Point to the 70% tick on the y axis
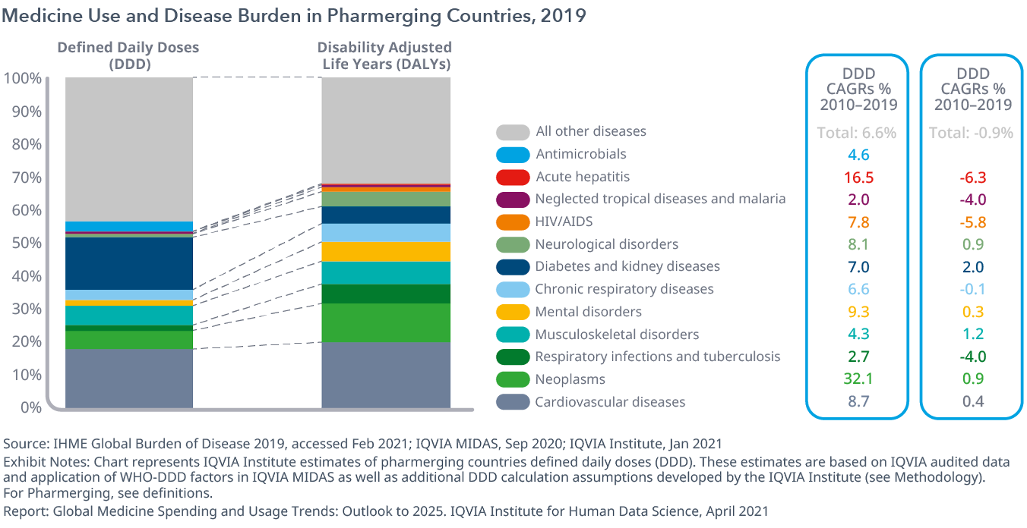click(x=26, y=178)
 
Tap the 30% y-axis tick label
click(x=26, y=309)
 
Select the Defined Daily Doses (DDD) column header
click(x=128, y=55)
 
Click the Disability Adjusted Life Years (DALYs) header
click(x=386, y=55)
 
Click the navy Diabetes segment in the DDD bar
click(x=128, y=263)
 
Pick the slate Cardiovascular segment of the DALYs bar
click(x=386, y=375)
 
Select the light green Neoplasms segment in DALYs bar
click(x=386, y=322)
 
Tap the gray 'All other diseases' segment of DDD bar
click(x=128, y=148)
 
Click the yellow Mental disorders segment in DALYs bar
click(x=386, y=252)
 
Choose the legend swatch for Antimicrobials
click(x=513, y=155)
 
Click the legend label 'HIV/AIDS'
click(x=564, y=222)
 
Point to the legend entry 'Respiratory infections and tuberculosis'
click(x=657, y=357)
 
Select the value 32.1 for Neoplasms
click(x=858, y=379)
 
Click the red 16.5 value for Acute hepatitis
click(x=858, y=177)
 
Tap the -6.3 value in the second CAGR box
click(x=972, y=177)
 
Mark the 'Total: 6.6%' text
click(x=857, y=133)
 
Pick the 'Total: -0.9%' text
click(x=972, y=133)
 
